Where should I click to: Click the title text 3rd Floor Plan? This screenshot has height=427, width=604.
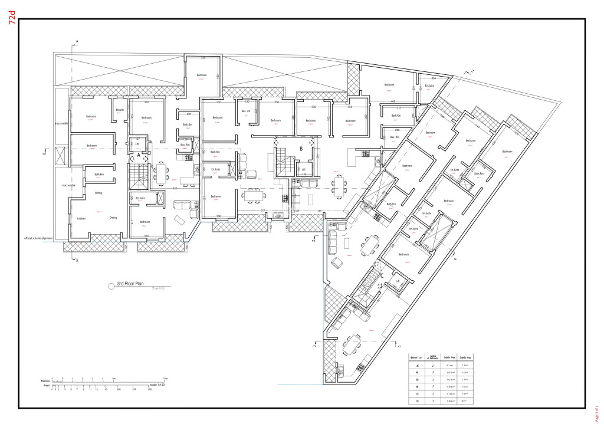tap(130, 284)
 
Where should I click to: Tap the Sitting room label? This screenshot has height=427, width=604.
tap(99, 192)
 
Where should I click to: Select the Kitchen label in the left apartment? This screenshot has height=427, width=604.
tap(81, 218)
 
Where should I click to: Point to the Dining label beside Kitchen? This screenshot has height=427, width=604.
tap(113, 218)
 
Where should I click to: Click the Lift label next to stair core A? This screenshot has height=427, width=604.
tap(137, 143)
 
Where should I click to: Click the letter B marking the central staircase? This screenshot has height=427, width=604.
tap(301, 150)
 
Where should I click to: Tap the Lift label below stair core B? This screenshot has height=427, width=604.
tap(304, 170)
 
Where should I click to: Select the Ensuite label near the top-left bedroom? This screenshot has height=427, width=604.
tap(120, 110)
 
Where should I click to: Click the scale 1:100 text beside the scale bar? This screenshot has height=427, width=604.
tap(160, 385)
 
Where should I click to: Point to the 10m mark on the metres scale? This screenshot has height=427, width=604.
tap(166, 378)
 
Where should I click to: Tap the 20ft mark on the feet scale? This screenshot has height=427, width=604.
tap(119, 389)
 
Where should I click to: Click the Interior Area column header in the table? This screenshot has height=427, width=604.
tap(448, 357)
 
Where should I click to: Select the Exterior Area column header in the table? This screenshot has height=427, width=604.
tap(466, 357)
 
